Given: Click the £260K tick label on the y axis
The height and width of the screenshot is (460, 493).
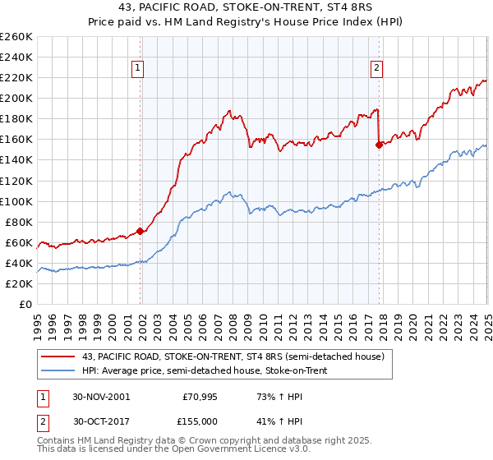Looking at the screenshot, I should (x=16, y=36).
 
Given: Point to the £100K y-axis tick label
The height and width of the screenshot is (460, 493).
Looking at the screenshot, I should (x=16, y=201).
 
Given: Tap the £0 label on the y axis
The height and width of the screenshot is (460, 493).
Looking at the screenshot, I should (x=26, y=304).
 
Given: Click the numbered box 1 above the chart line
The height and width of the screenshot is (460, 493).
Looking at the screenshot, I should (x=136, y=69).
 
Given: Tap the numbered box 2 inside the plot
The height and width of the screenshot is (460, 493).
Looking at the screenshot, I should (x=376, y=69).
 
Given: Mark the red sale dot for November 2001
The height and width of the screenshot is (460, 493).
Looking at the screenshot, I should (x=141, y=231).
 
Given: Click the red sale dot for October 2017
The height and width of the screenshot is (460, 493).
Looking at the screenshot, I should (x=380, y=145).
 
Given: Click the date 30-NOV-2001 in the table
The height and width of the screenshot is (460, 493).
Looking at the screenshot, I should (x=100, y=396).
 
